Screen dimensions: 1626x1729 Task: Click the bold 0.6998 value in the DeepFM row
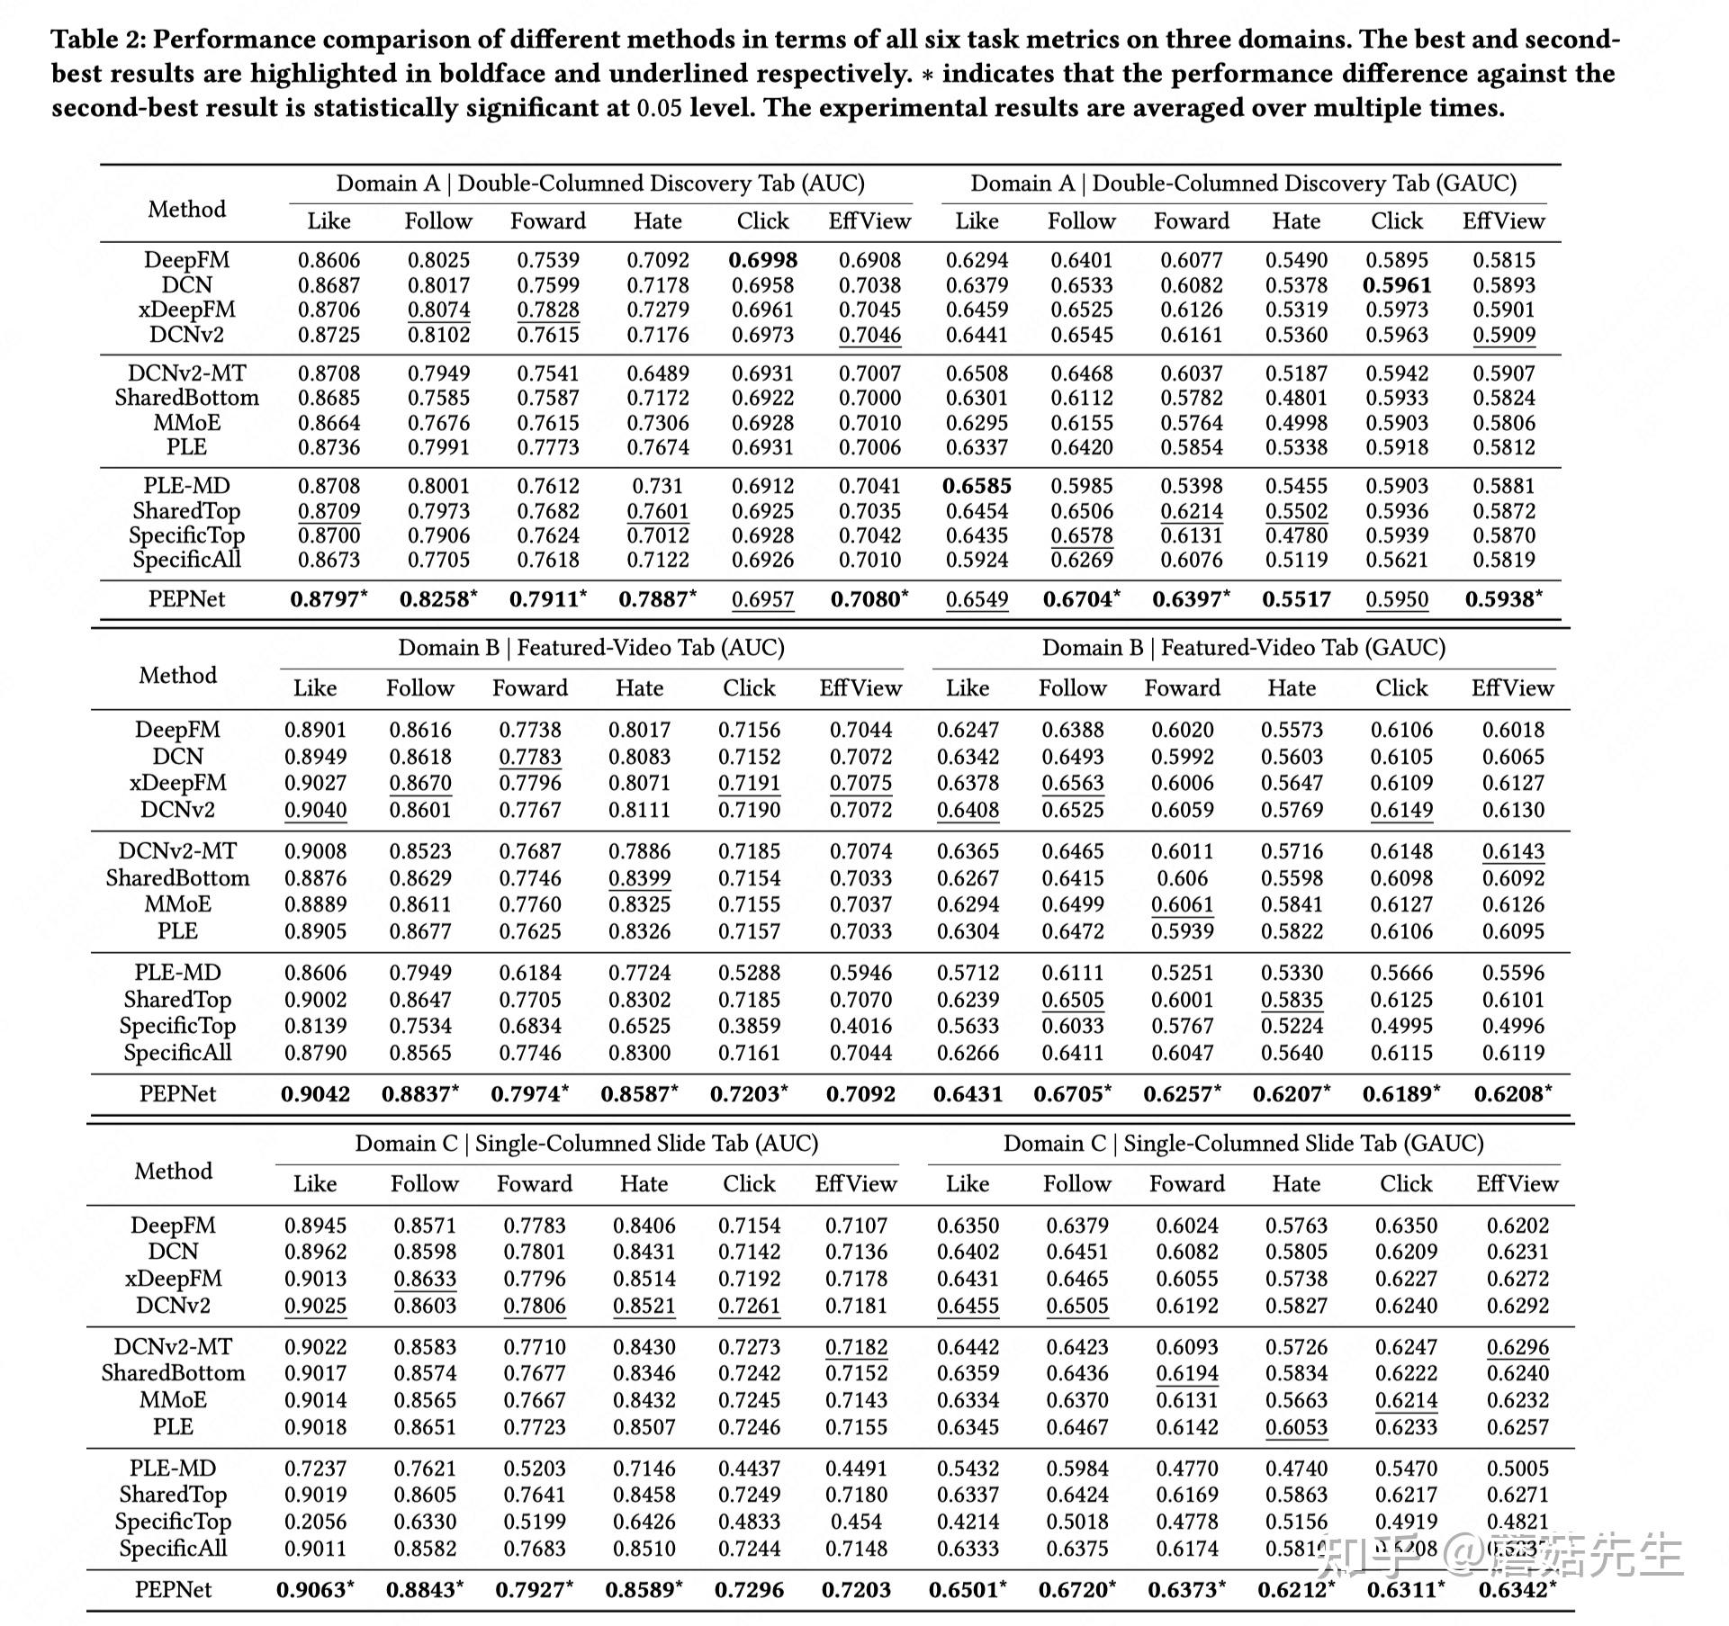pos(762,260)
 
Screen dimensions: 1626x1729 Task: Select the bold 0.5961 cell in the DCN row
pos(1396,285)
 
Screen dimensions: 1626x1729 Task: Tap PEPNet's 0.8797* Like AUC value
pos(329,599)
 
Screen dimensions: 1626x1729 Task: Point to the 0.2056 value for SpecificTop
pos(315,1522)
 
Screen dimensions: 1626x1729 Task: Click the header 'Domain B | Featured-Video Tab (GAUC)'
pos(1243,648)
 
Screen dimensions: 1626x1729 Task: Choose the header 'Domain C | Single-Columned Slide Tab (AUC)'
pos(586,1143)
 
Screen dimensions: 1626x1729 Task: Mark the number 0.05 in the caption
pos(659,108)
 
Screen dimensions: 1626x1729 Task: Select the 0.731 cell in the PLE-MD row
pos(657,486)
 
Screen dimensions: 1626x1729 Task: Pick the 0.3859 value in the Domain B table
pos(749,1026)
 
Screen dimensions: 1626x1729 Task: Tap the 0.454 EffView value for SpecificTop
pos(856,1522)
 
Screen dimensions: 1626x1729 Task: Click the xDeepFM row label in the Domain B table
pos(177,783)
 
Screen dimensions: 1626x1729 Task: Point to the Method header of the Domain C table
pos(173,1171)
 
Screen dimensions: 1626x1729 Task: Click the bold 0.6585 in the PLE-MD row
pos(977,486)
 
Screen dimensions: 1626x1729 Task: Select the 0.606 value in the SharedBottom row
pos(1183,878)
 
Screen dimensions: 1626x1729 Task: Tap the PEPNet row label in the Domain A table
pos(186,599)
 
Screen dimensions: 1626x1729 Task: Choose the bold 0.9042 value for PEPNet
pos(315,1094)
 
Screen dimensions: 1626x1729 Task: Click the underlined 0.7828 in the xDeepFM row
pos(547,310)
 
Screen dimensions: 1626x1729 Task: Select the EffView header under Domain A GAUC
pos(1503,221)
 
